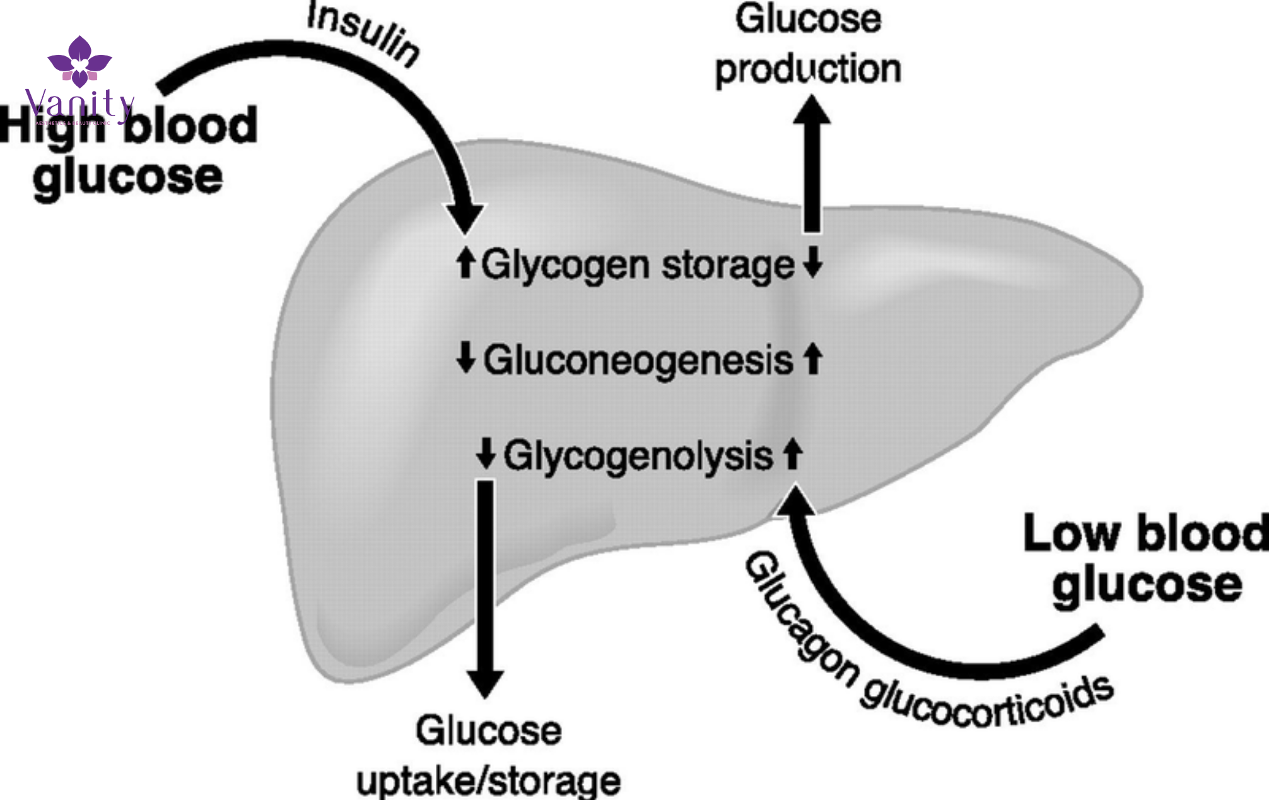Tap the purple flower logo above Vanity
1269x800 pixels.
click(x=79, y=61)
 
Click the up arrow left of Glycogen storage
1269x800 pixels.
click(x=465, y=262)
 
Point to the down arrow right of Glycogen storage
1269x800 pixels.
click(x=813, y=262)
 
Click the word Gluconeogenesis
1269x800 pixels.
click(x=638, y=360)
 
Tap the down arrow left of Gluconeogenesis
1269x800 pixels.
click(x=465, y=357)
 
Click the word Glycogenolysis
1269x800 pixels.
click(x=638, y=456)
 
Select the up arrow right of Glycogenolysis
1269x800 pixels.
click(x=793, y=454)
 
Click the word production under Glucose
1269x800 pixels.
click(x=808, y=69)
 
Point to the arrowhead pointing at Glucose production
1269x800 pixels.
click(x=812, y=110)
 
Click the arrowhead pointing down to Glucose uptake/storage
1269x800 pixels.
click(x=484, y=683)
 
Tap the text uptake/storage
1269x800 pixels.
click(x=488, y=781)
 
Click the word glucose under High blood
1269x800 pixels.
click(x=128, y=177)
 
